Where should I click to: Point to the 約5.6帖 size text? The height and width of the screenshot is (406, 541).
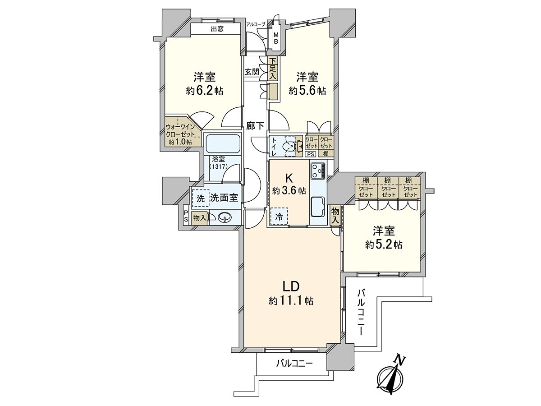tap(307, 91)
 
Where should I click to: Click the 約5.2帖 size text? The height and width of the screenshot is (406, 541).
tap(384, 245)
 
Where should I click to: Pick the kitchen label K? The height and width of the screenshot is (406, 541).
tap(289, 177)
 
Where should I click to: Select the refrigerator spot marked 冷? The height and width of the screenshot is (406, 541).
tap(279, 217)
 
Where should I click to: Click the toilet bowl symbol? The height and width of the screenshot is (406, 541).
tap(287, 146)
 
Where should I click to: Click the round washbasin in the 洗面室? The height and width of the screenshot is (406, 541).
tap(224, 218)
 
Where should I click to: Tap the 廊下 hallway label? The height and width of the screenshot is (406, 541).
tap(255, 126)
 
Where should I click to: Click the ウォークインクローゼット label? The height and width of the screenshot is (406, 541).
tap(180, 131)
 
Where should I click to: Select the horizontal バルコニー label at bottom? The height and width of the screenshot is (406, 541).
tap(294, 363)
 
